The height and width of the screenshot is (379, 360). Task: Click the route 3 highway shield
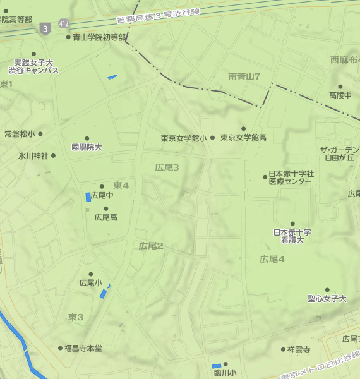click(x=44, y=28)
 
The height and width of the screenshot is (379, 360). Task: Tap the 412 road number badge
click(x=63, y=23)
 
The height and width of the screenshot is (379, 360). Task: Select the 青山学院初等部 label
click(x=99, y=37)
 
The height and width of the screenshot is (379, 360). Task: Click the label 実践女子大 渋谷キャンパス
click(x=36, y=66)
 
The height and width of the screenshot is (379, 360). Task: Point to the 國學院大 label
click(x=87, y=147)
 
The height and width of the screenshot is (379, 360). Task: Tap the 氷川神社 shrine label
click(x=33, y=156)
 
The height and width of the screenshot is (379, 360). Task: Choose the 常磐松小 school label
click(x=20, y=134)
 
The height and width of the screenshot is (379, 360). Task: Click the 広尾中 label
click(x=102, y=196)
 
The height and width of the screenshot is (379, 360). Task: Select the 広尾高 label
click(x=105, y=217)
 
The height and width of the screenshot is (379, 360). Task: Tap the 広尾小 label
click(x=90, y=282)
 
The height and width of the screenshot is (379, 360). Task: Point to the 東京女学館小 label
click(x=183, y=138)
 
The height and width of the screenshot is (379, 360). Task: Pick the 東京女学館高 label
click(x=243, y=137)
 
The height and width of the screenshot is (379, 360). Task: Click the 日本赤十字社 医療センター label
click(x=290, y=177)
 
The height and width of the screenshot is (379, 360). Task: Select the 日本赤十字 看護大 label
click(x=292, y=236)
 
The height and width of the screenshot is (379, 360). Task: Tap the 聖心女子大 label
click(x=327, y=298)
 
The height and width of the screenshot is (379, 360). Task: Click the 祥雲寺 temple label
click(x=298, y=349)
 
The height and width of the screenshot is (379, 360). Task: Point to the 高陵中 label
click(x=340, y=95)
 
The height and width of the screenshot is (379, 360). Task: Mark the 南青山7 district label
click(x=244, y=76)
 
